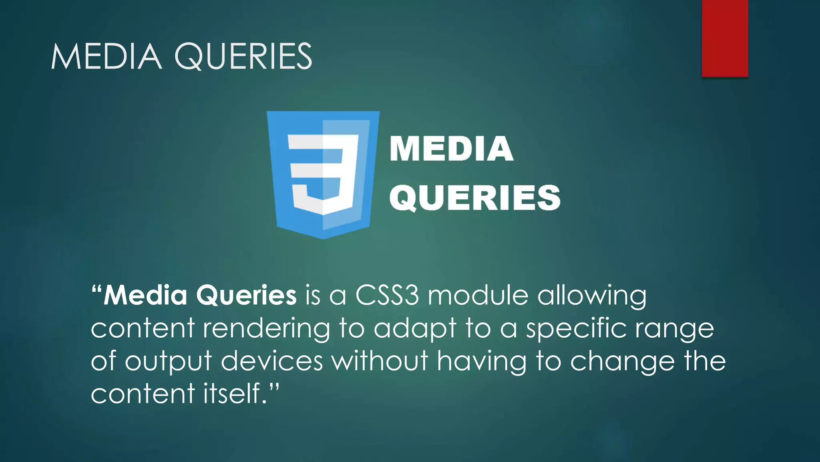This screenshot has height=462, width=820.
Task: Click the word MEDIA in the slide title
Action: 106,57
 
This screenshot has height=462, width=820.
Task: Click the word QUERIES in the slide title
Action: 243,57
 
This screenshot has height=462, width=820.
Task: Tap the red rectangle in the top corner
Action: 725,38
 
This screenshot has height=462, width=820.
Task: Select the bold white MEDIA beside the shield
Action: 451,149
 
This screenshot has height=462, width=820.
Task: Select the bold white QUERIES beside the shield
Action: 474,198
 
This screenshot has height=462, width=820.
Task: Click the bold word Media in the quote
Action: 145,296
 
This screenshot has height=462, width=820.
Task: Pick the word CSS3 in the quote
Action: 387,296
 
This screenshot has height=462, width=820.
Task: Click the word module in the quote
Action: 478,296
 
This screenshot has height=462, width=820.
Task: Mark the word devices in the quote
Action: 272,361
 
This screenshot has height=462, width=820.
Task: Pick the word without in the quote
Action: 380,361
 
